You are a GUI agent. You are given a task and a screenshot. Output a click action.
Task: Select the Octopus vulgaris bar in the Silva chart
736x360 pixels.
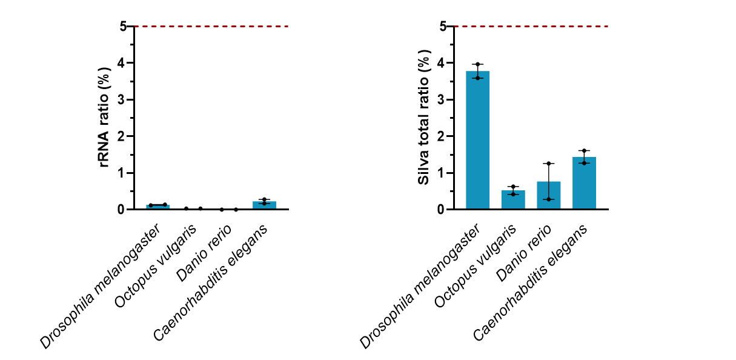[x=513, y=200]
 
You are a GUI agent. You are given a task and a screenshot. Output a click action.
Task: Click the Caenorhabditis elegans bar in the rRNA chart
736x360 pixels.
[x=264, y=205]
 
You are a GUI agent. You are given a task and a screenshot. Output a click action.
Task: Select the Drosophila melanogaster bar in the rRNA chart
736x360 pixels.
[x=157, y=207]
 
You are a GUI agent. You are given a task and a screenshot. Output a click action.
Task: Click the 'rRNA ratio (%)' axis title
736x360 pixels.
[x=105, y=118]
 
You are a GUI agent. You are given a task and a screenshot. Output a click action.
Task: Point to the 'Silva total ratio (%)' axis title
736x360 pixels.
[x=425, y=118]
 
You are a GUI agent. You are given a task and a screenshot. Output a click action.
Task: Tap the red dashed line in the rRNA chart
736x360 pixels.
[x=212, y=26]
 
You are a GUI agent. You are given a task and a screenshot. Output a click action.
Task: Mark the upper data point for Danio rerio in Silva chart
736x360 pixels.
[x=548, y=164]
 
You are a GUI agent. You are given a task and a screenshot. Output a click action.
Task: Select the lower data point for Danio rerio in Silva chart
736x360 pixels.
[x=548, y=199]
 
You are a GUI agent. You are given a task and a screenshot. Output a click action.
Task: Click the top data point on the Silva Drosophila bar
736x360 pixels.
[x=477, y=64]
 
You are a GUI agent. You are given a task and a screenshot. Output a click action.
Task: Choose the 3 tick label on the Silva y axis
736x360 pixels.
[x=442, y=99]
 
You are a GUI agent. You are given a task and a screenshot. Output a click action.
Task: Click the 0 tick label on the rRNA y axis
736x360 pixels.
[x=123, y=210]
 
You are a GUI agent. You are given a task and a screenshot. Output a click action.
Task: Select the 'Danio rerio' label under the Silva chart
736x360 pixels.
[x=523, y=253]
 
